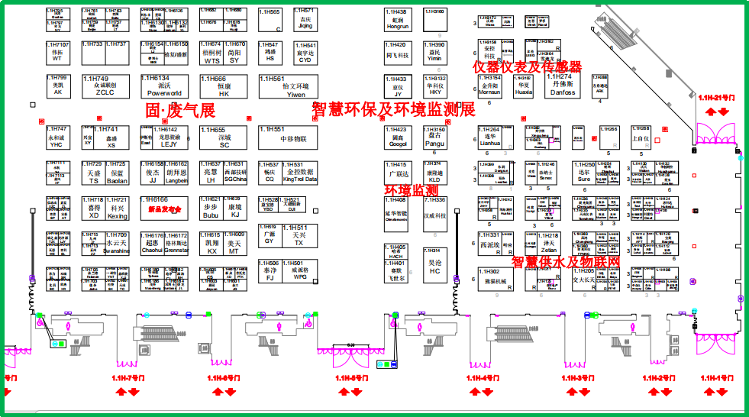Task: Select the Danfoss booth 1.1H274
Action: [x=562, y=85]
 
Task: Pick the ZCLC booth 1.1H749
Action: [x=104, y=86]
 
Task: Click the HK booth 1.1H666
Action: [x=224, y=86]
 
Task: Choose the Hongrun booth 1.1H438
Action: [x=398, y=20]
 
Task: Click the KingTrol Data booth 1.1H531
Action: [x=299, y=173]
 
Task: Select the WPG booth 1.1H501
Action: [x=299, y=272]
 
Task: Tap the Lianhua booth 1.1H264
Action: [x=489, y=137]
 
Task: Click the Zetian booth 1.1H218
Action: [x=548, y=244]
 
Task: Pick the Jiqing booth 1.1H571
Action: [x=305, y=20]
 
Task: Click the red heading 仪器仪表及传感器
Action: [x=528, y=67]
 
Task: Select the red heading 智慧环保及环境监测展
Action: [x=394, y=109]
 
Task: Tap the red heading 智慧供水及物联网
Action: [x=566, y=262]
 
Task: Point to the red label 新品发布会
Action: [x=165, y=208]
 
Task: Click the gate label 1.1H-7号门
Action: [x=128, y=378]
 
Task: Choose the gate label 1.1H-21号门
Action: [x=718, y=98]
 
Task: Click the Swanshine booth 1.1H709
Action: [x=116, y=244]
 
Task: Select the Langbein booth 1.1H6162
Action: [x=176, y=173]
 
